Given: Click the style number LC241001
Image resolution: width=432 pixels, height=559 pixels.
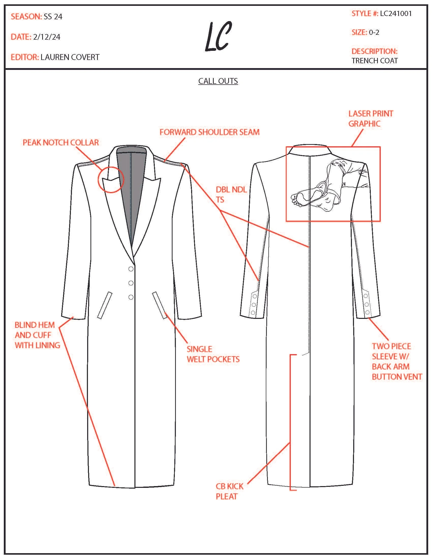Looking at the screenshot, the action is coord(396,13).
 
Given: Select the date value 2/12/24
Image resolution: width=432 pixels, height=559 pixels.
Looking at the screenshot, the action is coord(47,37).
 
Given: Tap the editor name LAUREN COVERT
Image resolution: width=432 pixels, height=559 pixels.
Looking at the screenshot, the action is coord(70,57).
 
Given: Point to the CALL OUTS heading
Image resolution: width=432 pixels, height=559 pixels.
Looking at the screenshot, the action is coord(218,81).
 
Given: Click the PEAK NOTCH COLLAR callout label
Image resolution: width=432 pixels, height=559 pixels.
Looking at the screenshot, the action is coord(61,143).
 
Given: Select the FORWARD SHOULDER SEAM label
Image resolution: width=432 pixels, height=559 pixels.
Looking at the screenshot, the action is coord(209,132).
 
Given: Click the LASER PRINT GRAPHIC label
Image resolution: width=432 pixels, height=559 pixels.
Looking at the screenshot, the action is coord(370,118).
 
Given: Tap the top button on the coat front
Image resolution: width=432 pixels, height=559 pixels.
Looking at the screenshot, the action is coord(131,269).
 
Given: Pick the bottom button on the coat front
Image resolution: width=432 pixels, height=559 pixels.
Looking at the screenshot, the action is coord(131,297).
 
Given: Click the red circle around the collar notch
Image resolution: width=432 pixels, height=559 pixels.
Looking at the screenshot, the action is coord(111,179).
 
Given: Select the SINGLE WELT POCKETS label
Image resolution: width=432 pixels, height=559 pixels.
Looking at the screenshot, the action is coord(213,354).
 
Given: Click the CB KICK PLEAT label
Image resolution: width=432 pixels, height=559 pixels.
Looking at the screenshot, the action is coord(229,491).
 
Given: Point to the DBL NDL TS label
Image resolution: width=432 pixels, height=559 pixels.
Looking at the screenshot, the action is coord(231,195).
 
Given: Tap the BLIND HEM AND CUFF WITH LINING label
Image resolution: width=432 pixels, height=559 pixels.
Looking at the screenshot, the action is coord(37,335).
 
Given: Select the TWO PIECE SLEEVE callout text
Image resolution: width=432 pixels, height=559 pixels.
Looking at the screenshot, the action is coord(397,361).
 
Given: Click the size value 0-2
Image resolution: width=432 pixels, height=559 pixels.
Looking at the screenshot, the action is coord(374,33).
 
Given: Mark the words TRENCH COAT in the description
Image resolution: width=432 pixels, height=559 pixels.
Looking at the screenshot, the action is coord(374,61).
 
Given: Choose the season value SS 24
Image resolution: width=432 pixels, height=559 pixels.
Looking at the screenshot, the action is coord(53,17).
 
